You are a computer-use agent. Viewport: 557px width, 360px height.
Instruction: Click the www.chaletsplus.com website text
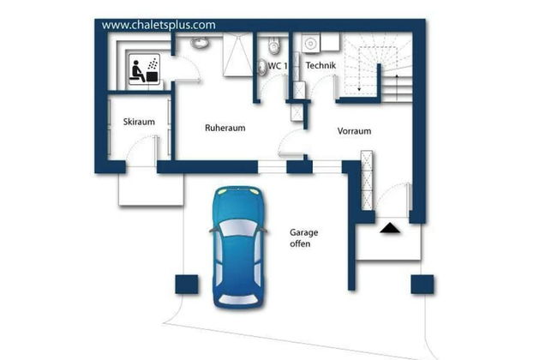pyautogui.click(x=159, y=25)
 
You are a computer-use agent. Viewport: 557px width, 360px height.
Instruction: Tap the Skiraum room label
pyautogui.click(x=139, y=122)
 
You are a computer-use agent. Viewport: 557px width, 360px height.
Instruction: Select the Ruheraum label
pyautogui.click(x=225, y=128)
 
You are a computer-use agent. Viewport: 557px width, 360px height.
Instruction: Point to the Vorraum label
pyautogui.click(x=354, y=131)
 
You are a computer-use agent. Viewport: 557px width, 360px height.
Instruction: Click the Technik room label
pyautogui.click(x=320, y=65)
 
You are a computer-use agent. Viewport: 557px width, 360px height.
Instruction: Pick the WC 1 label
pyautogui.click(x=278, y=66)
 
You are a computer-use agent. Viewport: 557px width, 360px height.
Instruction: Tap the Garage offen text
pyautogui.click(x=303, y=237)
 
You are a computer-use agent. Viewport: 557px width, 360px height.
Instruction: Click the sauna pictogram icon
pyautogui.click(x=144, y=69)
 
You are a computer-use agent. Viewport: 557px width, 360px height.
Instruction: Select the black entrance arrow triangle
pyautogui.click(x=390, y=228)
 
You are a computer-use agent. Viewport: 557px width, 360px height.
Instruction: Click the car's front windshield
pyautogui.click(x=238, y=228)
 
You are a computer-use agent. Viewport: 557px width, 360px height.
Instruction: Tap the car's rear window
pyautogui.click(x=238, y=299)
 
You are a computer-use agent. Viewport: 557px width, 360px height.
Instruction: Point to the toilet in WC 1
pyautogui.click(x=273, y=45)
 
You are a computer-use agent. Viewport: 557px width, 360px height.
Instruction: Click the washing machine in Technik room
pyautogui.click(x=311, y=44)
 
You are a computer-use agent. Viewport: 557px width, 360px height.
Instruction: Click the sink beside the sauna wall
pyautogui.click(x=200, y=43)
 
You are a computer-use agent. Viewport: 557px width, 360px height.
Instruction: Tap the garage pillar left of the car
pyautogui.click(x=187, y=285)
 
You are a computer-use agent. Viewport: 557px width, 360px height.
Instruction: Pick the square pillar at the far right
pyautogui.click(x=422, y=285)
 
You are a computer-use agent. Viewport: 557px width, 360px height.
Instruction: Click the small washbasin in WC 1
pyautogui.click(x=261, y=67)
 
